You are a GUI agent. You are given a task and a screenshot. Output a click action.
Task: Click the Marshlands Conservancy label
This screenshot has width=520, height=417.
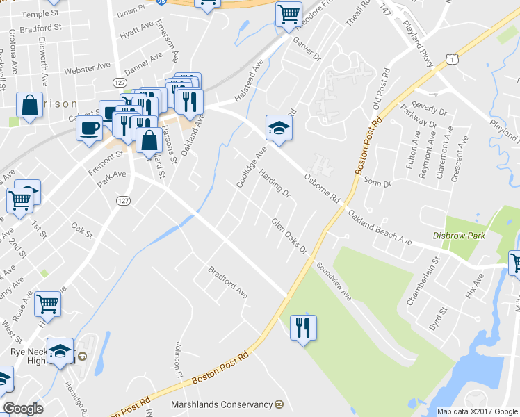[222, 404]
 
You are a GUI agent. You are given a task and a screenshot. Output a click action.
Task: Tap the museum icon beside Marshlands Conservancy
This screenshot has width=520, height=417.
[279, 404]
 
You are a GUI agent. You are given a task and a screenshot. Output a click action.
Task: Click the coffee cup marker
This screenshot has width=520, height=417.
[89, 129]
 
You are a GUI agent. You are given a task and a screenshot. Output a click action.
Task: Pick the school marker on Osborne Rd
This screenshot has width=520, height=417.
[278, 128]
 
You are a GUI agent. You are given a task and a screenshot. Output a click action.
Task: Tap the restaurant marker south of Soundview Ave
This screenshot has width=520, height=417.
[302, 327]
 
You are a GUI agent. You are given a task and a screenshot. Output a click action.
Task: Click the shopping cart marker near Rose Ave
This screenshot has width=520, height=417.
[47, 303]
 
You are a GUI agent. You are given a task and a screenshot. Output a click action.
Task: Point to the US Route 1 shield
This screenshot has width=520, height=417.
[453, 61]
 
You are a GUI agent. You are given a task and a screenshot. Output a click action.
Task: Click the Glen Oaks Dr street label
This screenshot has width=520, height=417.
[289, 236]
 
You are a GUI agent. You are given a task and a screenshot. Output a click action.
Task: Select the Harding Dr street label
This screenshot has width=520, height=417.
[275, 184]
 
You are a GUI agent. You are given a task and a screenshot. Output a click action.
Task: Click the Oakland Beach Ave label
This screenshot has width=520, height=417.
[380, 228]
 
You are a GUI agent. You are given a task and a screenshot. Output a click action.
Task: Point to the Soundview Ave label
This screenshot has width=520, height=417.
[334, 281]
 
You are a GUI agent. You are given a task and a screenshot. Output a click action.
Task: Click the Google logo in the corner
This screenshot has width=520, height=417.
[23, 409]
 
